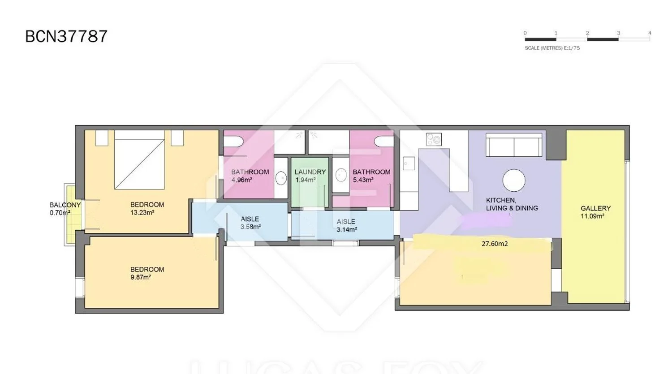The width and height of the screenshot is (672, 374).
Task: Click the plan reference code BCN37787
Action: pos(66,37)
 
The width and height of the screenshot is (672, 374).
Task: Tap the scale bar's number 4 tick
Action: pos(650,33)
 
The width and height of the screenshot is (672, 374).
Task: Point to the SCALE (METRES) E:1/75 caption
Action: pos(552,48)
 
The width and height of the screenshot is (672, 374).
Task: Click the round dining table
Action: pos(513,180)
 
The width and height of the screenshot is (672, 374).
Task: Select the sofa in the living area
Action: pos(514,145)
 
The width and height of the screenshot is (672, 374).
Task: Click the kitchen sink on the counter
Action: pos(409,163)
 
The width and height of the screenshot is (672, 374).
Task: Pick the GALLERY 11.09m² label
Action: pos(595,212)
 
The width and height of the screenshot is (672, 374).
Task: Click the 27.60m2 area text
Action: pos(495,244)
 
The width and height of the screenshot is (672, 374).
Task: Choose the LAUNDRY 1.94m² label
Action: pos(310,176)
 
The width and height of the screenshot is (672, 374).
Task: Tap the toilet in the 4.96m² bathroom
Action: pos(233,142)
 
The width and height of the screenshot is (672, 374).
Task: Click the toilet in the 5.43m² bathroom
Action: pos(384,141)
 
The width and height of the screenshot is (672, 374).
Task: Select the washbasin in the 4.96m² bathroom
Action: pos(281,178)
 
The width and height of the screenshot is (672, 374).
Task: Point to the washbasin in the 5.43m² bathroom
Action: pos(341,175)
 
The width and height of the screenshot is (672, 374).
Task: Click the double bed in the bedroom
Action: pos(139,160)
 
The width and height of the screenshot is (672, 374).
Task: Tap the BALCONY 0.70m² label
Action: pos(65,209)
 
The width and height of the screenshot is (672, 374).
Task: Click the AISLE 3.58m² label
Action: pos(250,223)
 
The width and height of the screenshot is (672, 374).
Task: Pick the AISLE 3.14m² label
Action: pos(346,226)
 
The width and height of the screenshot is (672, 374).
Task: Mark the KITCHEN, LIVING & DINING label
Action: pos(512,204)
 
